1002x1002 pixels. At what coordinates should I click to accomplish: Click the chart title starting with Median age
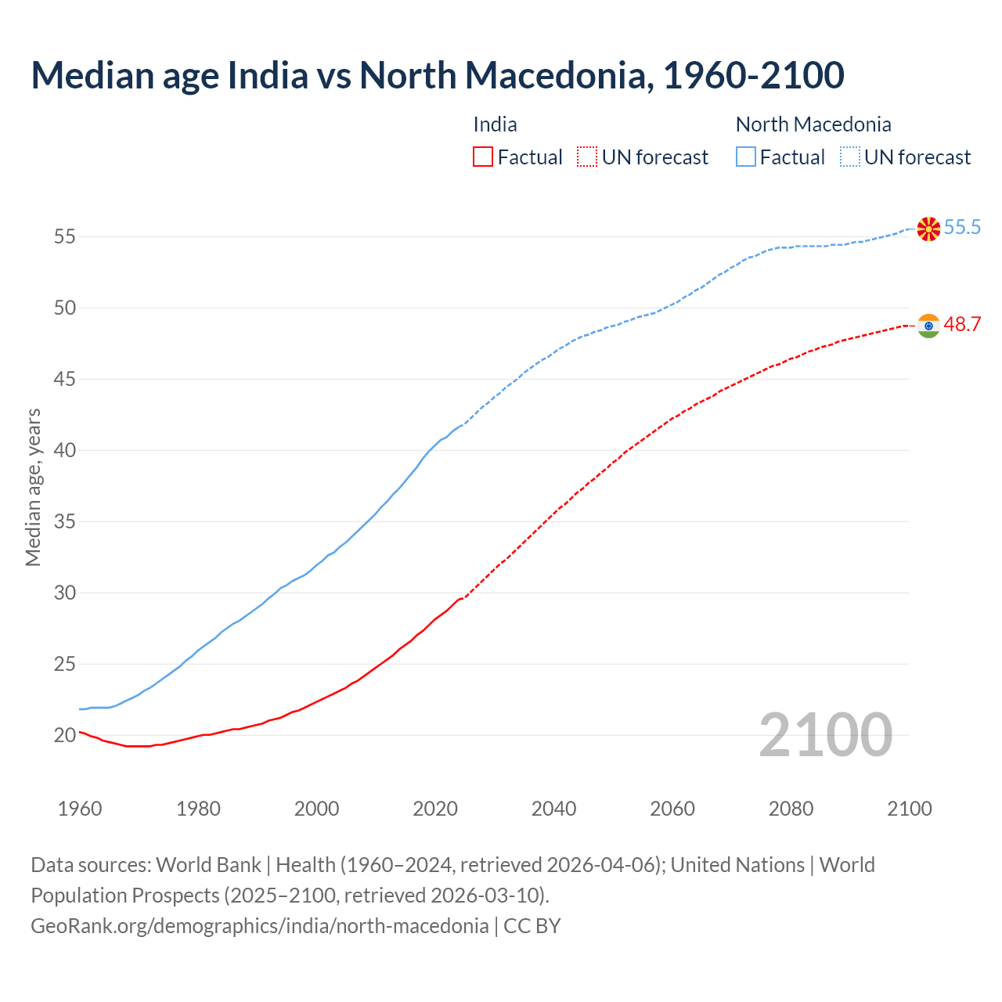[437, 76]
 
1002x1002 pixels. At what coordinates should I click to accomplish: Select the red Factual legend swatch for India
[483, 157]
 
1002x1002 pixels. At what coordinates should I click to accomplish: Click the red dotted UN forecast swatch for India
[587, 157]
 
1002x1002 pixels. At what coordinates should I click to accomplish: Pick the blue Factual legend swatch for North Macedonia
[746, 157]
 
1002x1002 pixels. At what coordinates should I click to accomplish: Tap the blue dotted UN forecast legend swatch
[850, 157]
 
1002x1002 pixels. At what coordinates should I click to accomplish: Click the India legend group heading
[495, 124]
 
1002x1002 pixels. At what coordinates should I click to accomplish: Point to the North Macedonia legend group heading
[813, 124]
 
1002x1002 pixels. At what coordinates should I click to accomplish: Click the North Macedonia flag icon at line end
[928, 229]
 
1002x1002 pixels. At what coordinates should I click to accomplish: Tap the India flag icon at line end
[928, 326]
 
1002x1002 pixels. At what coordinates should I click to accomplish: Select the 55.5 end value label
[962, 228]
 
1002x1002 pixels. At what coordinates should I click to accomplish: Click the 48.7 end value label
[962, 325]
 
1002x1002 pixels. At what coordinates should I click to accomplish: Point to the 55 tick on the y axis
[65, 236]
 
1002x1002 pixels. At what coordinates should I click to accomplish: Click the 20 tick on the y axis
[65, 735]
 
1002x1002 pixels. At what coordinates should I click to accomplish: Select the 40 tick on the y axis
[65, 450]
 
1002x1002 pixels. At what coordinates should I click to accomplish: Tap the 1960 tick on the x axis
[80, 809]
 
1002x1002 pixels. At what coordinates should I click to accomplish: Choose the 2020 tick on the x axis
[435, 809]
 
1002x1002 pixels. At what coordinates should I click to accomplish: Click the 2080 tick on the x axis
[791, 809]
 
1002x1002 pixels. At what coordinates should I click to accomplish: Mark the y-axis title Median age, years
[33, 487]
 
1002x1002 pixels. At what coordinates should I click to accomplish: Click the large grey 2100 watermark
[825, 735]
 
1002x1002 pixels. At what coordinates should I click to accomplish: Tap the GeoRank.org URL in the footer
[259, 926]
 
